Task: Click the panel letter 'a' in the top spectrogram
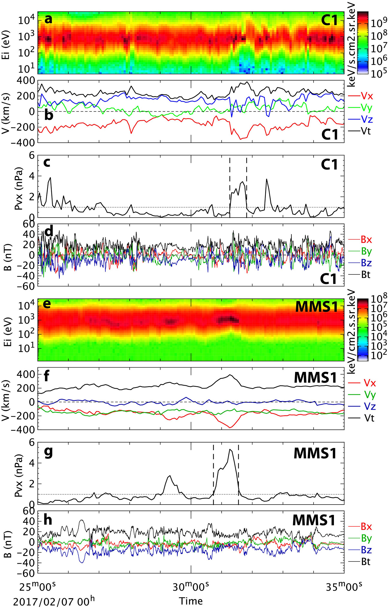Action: point(48,19)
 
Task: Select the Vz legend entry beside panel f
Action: point(370,406)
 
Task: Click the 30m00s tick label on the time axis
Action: point(191,585)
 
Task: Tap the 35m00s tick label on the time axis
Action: point(344,585)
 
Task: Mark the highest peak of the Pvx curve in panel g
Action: point(230,449)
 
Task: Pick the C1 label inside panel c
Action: point(329,165)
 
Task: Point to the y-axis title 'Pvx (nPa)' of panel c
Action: point(19,186)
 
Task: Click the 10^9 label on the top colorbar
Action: point(379,23)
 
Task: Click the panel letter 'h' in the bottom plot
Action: point(48,520)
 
